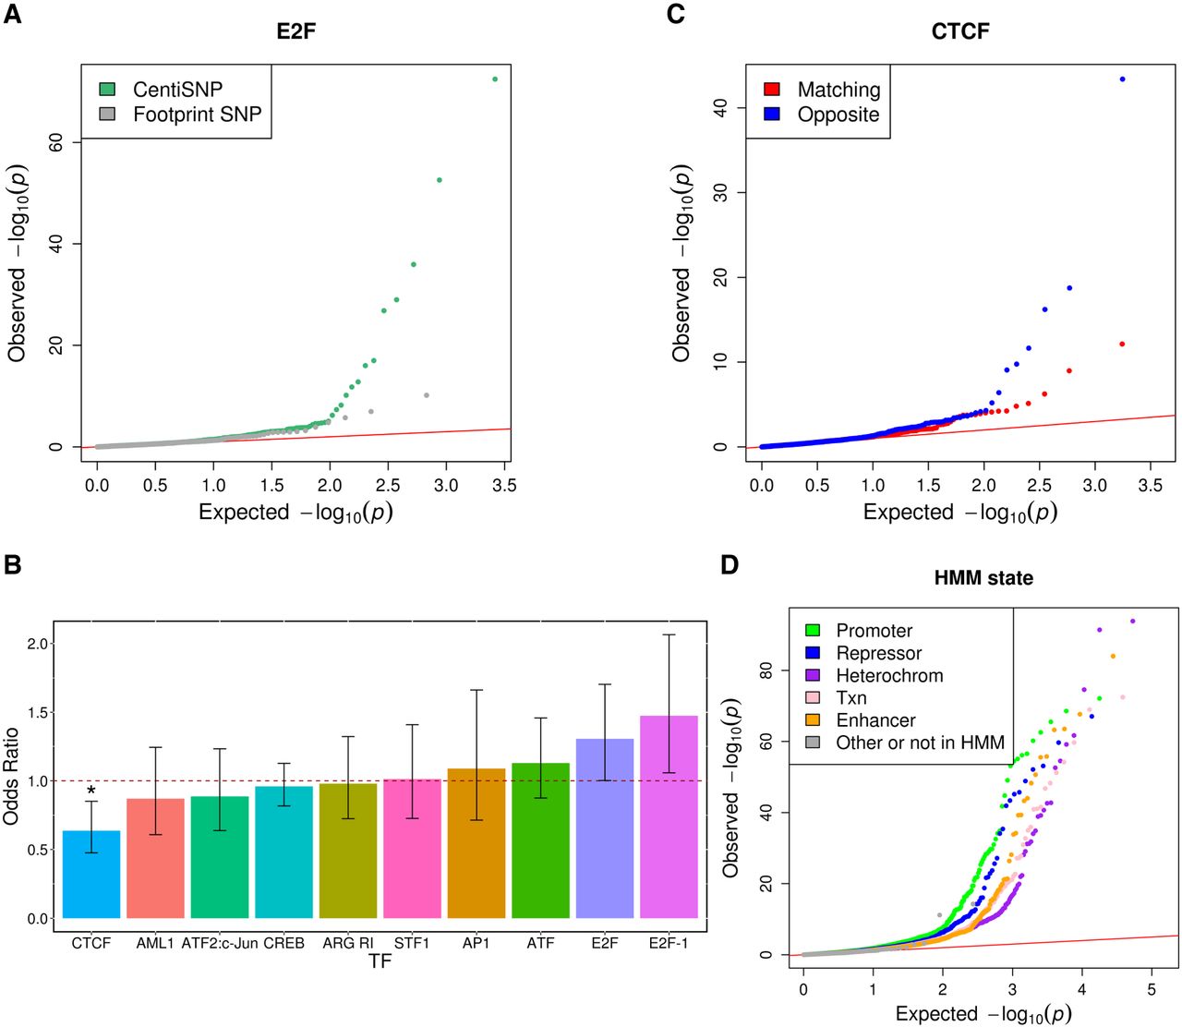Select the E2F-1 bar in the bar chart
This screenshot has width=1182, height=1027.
pos(669,816)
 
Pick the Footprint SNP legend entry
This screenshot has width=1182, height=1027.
pos(197,115)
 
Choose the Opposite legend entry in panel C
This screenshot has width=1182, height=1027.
pos(838,115)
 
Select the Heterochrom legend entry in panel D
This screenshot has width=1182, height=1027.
pos(888,675)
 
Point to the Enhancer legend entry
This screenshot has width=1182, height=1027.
pos(874,720)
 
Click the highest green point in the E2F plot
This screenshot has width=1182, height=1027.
pos(495,79)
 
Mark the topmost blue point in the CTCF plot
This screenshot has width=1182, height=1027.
pos(1123,79)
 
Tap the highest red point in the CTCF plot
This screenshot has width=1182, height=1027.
pos(1122,344)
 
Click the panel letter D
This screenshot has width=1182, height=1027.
pos(730,564)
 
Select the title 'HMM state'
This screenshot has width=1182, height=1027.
pos(983,578)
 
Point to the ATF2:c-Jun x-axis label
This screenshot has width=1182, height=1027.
pos(220,944)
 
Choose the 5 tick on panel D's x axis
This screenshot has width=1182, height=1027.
pos(1151,989)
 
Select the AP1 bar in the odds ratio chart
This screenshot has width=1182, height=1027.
pos(476,843)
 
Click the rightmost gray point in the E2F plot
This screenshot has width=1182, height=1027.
pos(426,395)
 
